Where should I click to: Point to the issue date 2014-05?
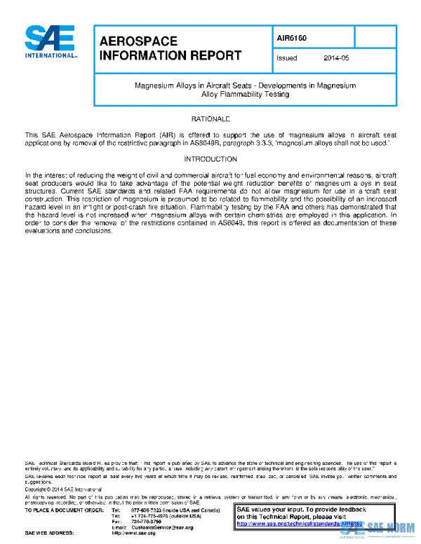[336, 58]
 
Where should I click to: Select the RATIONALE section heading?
[210, 120]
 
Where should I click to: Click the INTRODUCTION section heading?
[210, 159]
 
